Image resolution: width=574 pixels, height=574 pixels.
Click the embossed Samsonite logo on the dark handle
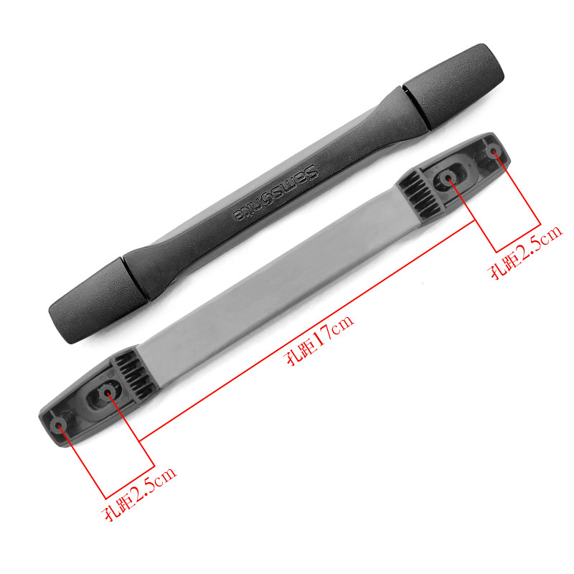click(276, 193)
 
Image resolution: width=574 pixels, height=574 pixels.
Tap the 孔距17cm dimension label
click(319, 339)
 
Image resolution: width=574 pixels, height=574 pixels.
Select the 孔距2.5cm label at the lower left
click(139, 494)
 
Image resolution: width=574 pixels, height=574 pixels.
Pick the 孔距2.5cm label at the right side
click(525, 253)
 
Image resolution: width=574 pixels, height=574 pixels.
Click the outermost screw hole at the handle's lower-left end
click(59, 425)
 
